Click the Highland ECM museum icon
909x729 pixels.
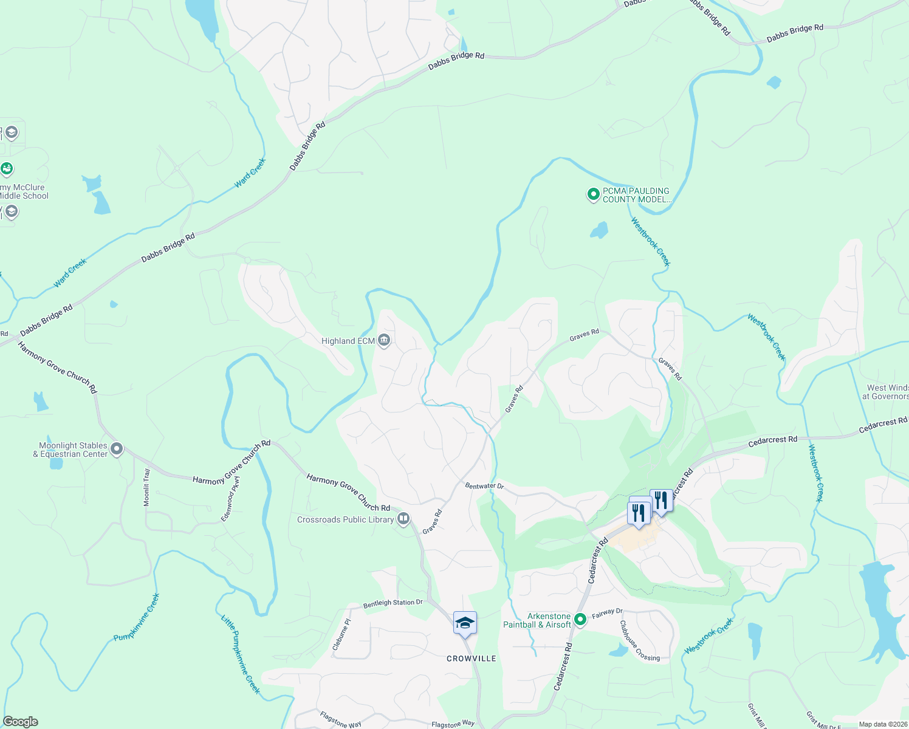[383, 340]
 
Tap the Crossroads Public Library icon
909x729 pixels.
[403, 519]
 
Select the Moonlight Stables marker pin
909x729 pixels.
[117, 450]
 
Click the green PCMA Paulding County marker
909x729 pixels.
[593, 194]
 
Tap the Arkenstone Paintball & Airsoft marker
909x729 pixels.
[580, 620]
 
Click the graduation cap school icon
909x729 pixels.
[465, 623]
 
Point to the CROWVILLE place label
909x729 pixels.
[472, 659]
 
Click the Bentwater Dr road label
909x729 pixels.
[484, 486]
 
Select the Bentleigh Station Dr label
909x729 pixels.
[393, 603]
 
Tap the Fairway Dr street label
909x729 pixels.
[607, 614]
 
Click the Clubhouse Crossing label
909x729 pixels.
[639, 641]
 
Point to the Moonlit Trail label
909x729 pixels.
[146, 487]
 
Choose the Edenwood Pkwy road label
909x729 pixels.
[230, 499]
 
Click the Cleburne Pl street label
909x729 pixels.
[341, 635]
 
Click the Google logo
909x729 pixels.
[21, 722]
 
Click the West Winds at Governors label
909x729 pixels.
[887, 392]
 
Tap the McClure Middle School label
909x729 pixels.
[23, 191]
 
